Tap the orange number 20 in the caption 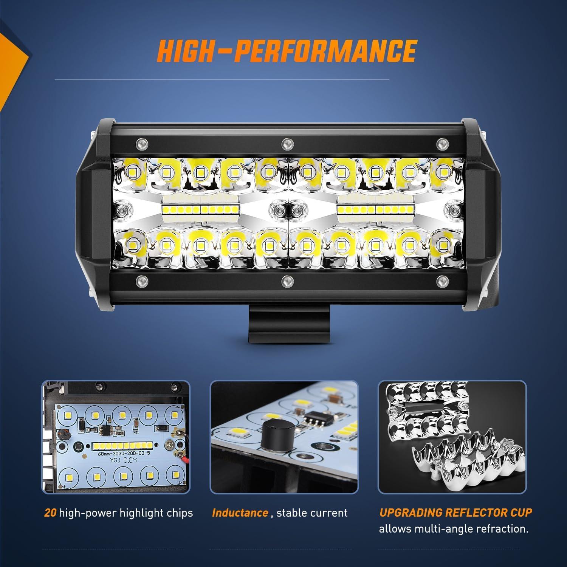[x=51, y=513]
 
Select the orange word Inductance [x=240, y=513]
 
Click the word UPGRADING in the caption [x=411, y=513]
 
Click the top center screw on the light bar [x=287, y=143]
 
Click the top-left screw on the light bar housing [x=141, y=143]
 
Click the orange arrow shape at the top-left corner [x=11, y=57]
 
